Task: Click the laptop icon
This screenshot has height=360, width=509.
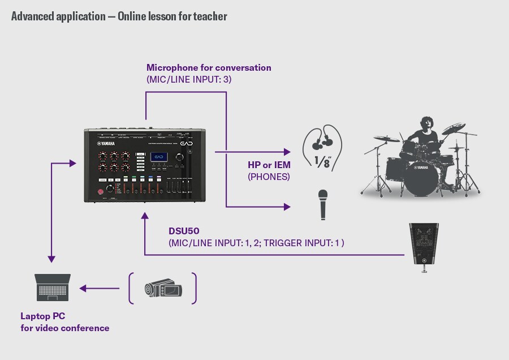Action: click(x=53, y=288)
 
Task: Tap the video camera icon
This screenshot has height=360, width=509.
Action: click(x=163, y=289)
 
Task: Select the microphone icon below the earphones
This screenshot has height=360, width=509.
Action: click(x=322, y=203)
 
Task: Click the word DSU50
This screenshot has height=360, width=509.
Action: click(x=183, y=231)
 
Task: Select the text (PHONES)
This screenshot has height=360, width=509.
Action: click(x=269, y=177)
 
